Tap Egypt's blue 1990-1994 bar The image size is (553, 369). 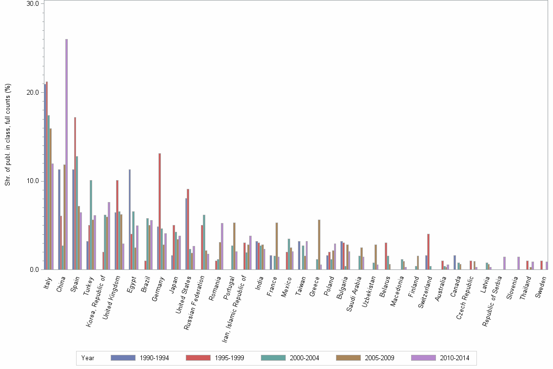(x=129, y=219)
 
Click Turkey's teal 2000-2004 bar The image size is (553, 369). (x=91, y=225)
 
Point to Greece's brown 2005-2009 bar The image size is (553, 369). (x=319, y=245)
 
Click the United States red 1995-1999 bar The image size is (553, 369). (x=188, y=229)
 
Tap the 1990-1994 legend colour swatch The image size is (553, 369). (x=123, y=358)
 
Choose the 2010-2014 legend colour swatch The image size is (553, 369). (x=423, y=358)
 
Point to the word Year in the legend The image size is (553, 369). (x=88, y=358)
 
